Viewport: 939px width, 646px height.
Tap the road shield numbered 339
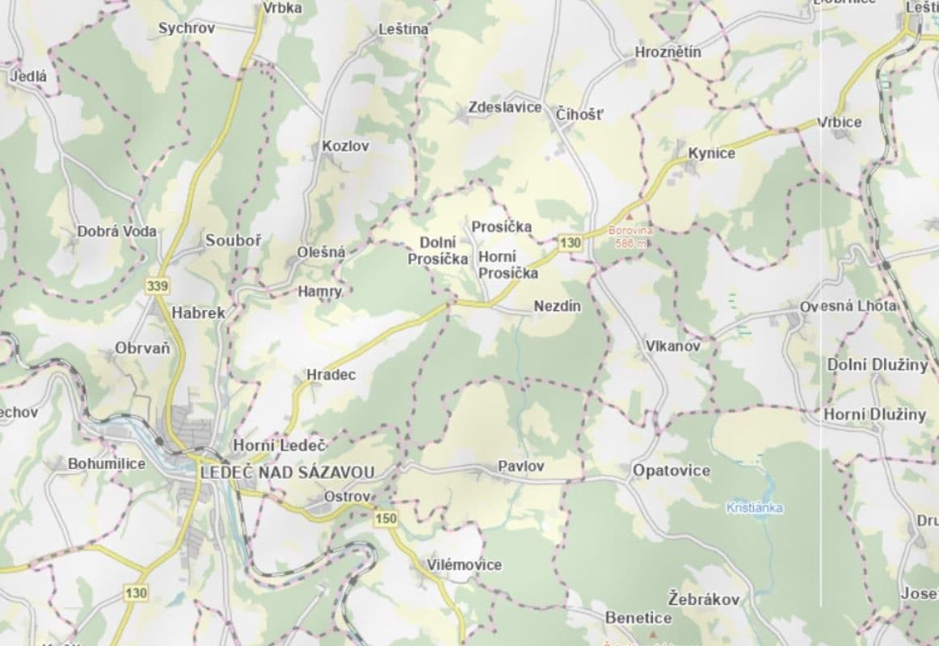click(x=158, y=286)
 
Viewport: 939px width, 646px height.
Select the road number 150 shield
click(x=386, y=518)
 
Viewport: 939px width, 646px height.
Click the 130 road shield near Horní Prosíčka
click(x=570, y=242)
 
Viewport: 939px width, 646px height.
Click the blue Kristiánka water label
click(x=755, y=508)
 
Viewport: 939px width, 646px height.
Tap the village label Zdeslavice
click(x=505, y=107)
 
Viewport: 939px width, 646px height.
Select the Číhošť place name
click(x=579, y=114)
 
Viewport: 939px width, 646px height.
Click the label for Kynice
click(x=711, y=153)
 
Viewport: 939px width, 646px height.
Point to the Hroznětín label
click(x=667, y=52)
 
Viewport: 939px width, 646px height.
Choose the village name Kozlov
click(x=345, y=146)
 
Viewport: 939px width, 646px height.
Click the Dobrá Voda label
click(x=117, y=231)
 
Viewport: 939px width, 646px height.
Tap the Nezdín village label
click(x=558, y=306)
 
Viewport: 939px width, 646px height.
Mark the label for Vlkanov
click(x=672, y=346)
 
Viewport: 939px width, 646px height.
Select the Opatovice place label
click(x=671, y=470)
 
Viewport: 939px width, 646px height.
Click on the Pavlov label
click(x=520, y=466)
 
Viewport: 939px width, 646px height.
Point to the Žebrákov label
click(x=704, y=599)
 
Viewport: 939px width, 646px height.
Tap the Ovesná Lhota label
click(x=848, y=306)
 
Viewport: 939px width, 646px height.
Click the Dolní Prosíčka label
click(x=438, y=250)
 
